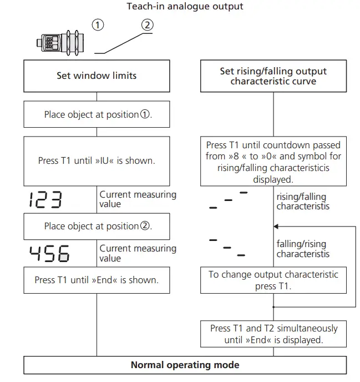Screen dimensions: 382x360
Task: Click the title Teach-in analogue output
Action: pyautogui.click(x=185, y=7)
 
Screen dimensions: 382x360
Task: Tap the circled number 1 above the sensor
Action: pyautogui.click(x=98, y=25)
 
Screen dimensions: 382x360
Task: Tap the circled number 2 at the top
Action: pyautogui.click(x=147, y=25)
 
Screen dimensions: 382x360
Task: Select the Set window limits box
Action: pyautogui.click(x=97, y=76)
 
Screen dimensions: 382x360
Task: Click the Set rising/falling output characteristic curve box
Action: pyautogui.click(x=273, y=76)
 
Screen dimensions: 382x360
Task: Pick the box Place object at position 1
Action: pyautogui.click(x=97, y=115)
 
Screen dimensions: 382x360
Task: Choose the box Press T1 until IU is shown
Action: pyautogui.click(x=97, y=161)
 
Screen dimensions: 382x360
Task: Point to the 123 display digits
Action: pyautogui.click(x=45, y=200)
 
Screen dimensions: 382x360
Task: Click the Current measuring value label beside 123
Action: pyautogui.click(x=138, y=199)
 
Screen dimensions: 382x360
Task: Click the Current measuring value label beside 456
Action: pyautogui.click(x=138, y=253)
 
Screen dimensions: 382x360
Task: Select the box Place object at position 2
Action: pyautogui.click(x=97, y=226)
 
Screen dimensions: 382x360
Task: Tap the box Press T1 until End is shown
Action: pyautogui.click(x=97, y=280)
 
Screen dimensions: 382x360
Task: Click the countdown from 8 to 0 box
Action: pyautogui.click(x=273, y=161)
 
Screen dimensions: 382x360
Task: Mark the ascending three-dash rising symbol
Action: pyautogui.click(x=227, y=200)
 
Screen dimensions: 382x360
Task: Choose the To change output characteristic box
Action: pyautogui.click(x=273, y=280)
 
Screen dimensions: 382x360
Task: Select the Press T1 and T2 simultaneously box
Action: pyautogui.click(x=273, y=334)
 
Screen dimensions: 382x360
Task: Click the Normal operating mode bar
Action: pyautogui.click(x=185, y=365)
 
